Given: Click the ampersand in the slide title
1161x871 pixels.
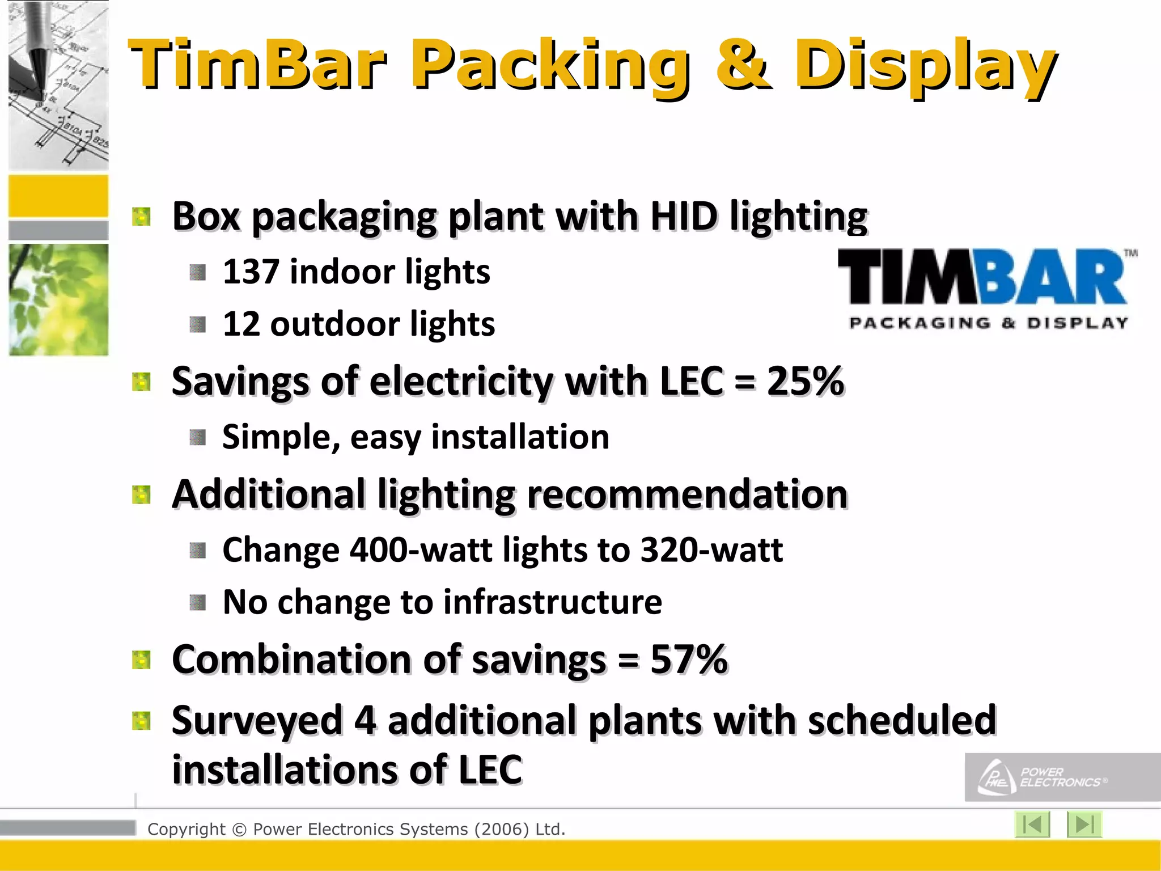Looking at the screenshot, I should (743, 64).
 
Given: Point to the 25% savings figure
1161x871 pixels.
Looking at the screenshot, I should (805, 380).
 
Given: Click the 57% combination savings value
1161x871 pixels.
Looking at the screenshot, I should (689, 659).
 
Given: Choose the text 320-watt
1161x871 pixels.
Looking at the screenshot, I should (711, 550).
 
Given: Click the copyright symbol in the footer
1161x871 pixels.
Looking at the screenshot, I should (239, 830).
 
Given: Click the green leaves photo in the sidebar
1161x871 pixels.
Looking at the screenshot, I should (58, 299).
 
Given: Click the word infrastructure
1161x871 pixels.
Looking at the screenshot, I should (553, 602).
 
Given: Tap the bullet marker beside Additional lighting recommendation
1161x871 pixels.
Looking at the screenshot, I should (141, 494).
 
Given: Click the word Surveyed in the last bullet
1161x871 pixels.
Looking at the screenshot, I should (257, 720).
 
